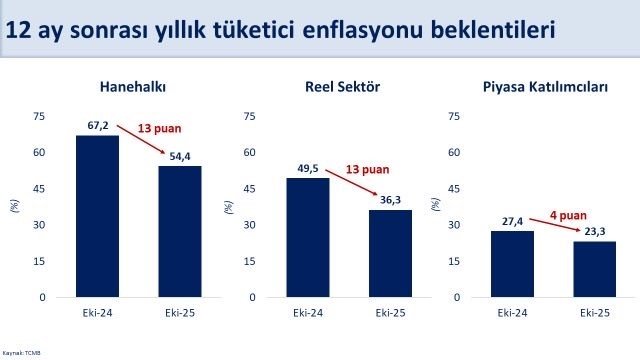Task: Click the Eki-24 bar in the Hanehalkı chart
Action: click(98, 216)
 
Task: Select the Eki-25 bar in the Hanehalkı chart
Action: click(180, 231)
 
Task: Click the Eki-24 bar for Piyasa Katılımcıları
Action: click(512, 264)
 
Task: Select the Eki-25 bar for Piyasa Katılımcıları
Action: click(594, 269)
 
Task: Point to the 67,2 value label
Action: click(97, 127)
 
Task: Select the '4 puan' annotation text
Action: click(568, 213)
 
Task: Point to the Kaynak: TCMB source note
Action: click(16, 353)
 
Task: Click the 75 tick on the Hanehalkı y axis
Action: click(39, 116)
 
